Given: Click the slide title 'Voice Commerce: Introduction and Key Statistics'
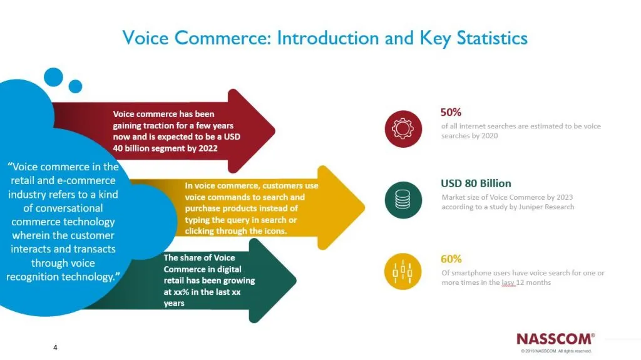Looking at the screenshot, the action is point(325,38).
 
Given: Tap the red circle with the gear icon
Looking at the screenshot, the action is point(403,129).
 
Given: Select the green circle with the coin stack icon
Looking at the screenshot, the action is point(403,200).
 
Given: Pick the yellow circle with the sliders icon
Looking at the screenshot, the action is point(403,271).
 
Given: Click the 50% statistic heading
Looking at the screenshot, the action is point(451,112).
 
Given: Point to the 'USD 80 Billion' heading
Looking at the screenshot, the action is point(476,183).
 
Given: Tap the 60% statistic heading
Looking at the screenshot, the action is point(451,259).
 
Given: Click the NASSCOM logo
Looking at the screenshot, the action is point(556,339).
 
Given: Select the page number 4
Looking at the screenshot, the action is point(55,347).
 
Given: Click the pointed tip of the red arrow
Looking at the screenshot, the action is point(274,131).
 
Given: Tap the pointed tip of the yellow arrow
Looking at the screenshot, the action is point(364,207).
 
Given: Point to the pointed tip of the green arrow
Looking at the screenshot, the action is point(295,280).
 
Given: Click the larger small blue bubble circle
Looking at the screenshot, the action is point(54,77).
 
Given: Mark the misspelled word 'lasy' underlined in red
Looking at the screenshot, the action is point(508,283).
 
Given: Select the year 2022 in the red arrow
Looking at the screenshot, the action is point(208,148).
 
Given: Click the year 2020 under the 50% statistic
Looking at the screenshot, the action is point(490,136).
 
